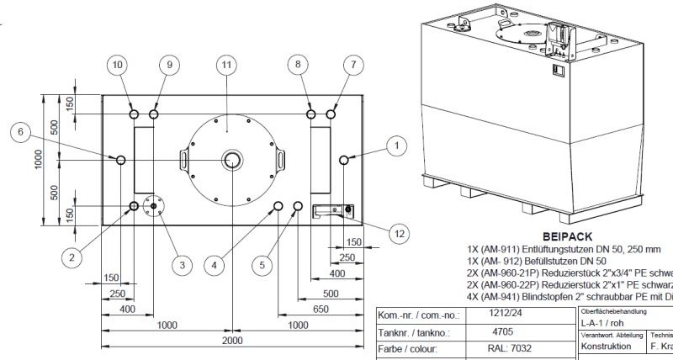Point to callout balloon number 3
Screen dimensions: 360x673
tap(179, 265)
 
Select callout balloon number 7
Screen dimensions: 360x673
tap(353, 64)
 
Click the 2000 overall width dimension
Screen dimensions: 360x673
tap(232, 341)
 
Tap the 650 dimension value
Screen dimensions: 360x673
tap(320, 308)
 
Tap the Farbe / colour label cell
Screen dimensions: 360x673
tap(412, 348)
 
